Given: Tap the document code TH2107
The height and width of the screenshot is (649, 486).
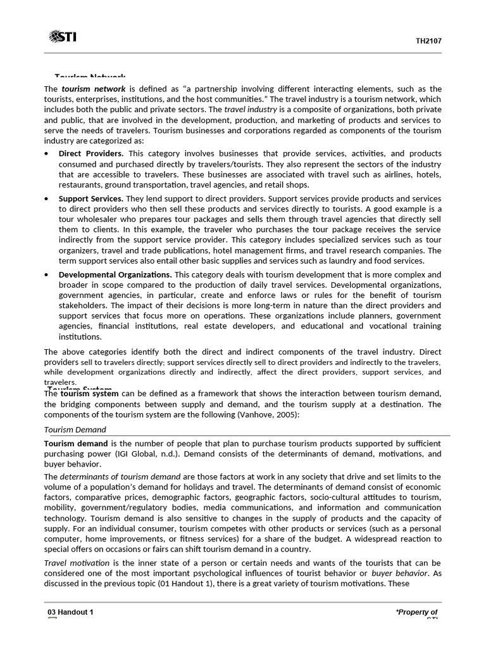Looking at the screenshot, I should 428,41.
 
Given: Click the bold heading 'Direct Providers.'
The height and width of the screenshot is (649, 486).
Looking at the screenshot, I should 91,154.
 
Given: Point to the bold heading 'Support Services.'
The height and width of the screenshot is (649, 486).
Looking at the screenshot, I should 90,199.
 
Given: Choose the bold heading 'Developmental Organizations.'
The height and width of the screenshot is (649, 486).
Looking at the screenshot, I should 115,275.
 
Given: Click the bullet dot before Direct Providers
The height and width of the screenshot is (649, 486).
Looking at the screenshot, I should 47,154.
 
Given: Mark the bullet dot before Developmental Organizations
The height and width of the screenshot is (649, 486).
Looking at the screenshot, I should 47,275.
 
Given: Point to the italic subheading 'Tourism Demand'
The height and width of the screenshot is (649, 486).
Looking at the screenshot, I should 75,430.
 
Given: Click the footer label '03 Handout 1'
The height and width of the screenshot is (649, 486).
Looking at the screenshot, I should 71,612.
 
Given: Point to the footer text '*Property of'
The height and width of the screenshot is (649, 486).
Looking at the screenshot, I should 416,612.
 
